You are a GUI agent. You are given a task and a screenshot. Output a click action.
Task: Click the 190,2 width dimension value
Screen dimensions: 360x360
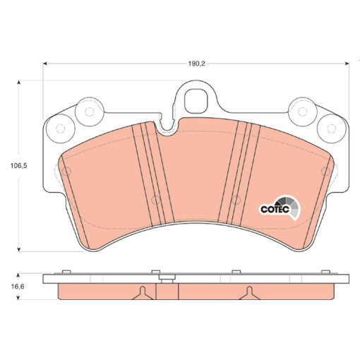click(x=197, y=63)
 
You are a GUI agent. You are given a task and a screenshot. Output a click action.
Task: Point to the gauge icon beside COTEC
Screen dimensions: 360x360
click(x=292, y=205)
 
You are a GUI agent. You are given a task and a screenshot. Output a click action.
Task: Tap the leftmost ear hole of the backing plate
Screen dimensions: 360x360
click(x=59, y=128)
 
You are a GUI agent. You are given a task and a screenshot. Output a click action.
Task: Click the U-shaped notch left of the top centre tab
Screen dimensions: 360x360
click(x=167, y=127)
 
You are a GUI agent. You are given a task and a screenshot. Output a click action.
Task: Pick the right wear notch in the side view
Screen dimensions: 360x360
click(x=248, y=292)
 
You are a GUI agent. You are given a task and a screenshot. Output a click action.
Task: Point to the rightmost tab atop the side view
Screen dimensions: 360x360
click(x=327, y=271)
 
